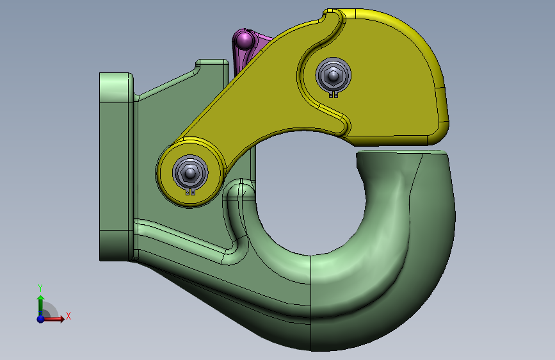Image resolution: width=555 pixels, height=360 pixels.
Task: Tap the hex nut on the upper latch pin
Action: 333,76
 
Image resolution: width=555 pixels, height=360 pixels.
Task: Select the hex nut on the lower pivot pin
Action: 190,173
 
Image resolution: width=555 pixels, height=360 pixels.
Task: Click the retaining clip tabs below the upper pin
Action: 334,94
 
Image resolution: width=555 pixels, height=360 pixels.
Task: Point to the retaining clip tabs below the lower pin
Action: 190,192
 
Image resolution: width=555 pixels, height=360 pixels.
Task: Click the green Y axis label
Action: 40,288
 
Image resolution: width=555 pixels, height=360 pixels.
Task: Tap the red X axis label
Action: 68,316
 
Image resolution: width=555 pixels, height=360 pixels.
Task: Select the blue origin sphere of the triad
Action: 41,319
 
